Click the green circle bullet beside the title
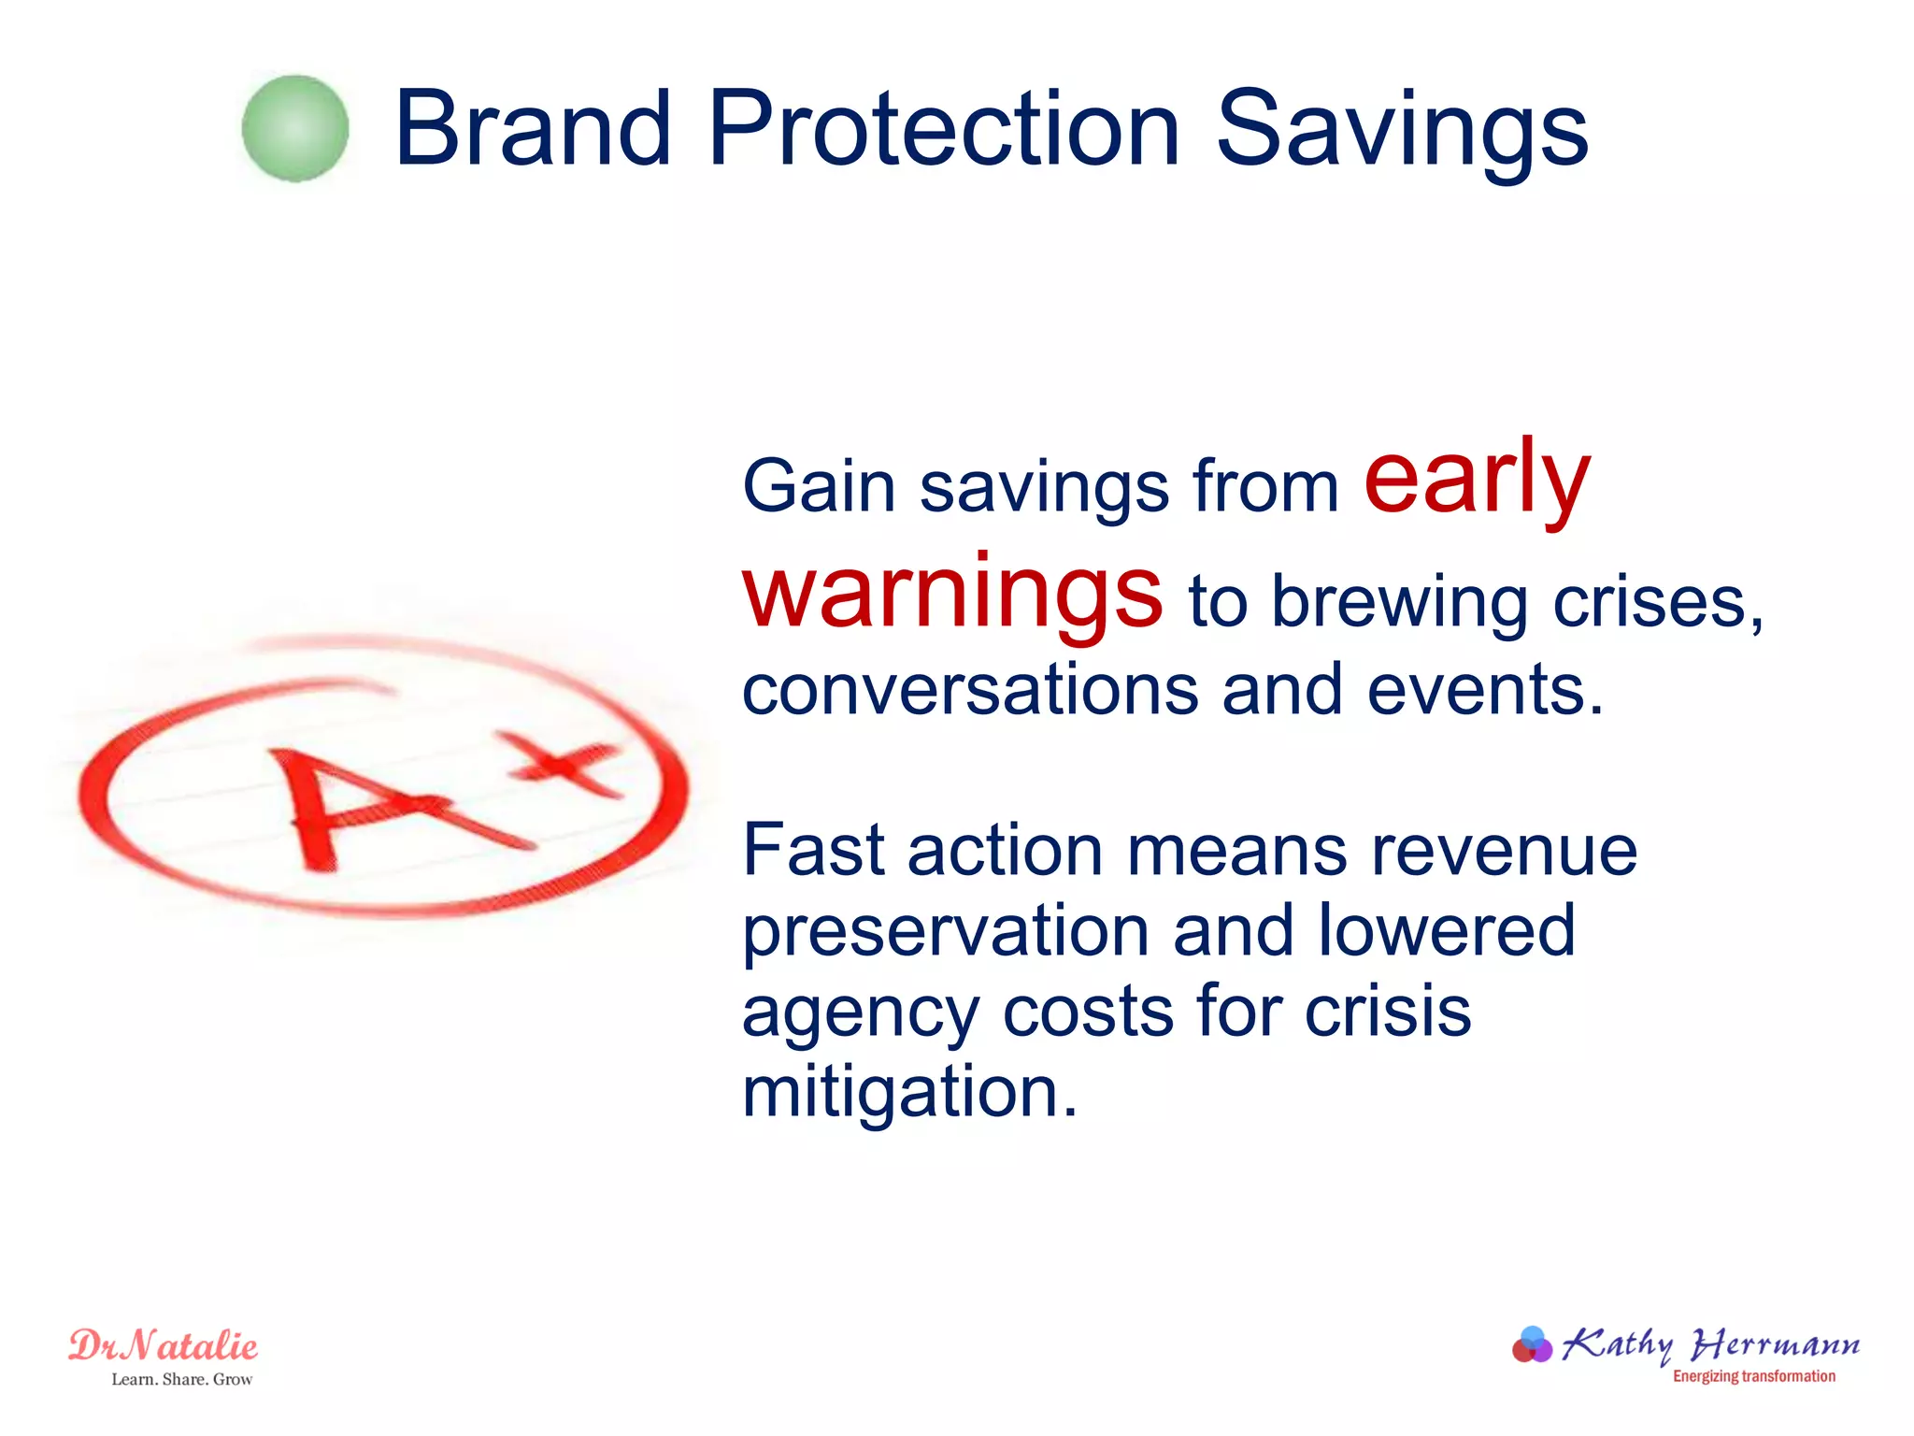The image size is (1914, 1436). pos(295,129)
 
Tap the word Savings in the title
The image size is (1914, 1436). pos(1402,131)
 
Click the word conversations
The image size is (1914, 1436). pos(970,690)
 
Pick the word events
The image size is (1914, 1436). pos(1486,690)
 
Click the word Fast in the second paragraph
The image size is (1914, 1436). pos(813,851)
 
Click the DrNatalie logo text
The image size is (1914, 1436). pos(164,1346)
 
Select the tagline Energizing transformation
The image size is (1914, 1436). pos(1753,1376)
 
